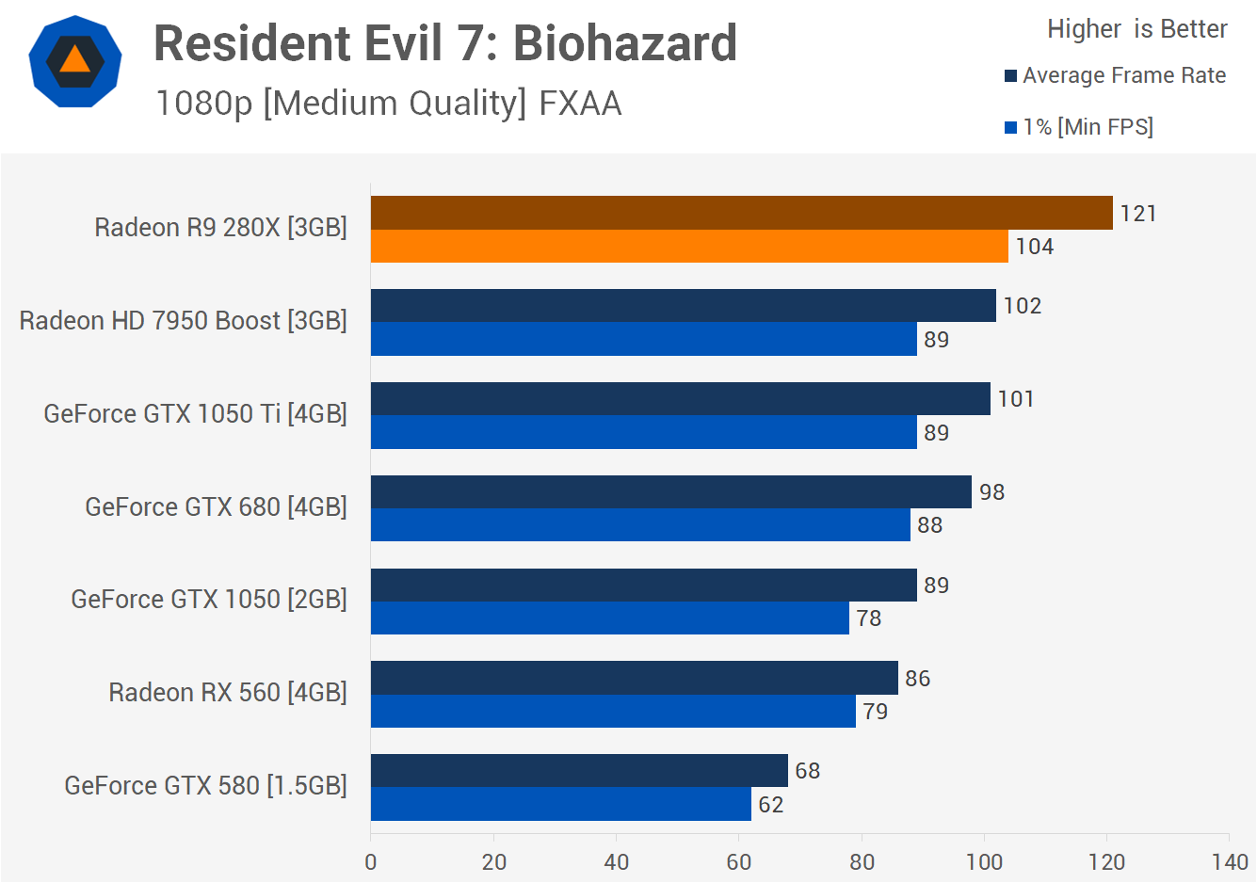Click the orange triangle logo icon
click(x=75, y=60)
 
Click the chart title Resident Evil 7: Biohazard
click(x=444, y=43)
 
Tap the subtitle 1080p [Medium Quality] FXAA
click(x=388, y=103)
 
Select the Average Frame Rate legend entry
click(x=1116, y=75)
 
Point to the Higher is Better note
click(x=1136, y=29)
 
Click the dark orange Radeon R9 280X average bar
click(x=741, y=213)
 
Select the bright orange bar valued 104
click(x=689, y=247)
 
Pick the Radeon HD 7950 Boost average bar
click(x=683, y=305)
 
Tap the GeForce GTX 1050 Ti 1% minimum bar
click(x=643, y=432)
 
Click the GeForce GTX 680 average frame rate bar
click(x=670, y=491)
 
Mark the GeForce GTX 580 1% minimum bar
click(x=560, y=804)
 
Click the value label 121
click(x=1137, y=214)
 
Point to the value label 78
click(x=868, y=618)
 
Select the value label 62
click(x=770, y=805)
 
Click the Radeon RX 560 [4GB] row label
click(x=228, y=693)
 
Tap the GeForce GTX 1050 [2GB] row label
click(x=209, y=600)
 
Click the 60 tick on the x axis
click(x=739, y=861)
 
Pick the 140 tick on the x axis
click(x=1230, y=861)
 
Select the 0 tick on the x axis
click(x=371, y=861)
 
